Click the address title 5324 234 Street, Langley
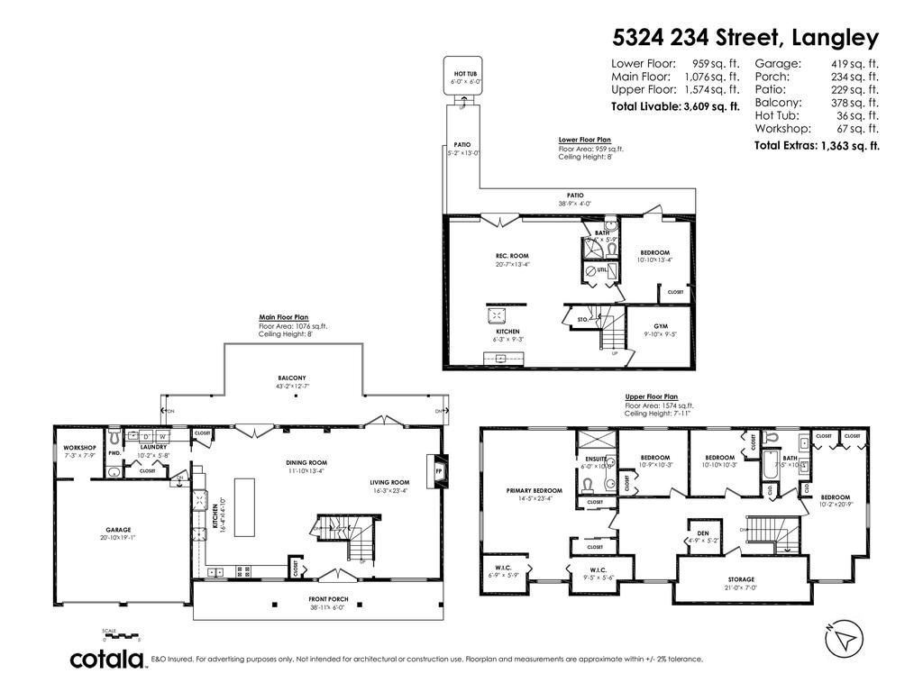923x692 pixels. point(745,37)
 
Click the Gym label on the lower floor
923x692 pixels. point(666,329)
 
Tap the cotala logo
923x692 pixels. point(108,659)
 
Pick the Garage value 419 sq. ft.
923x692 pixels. point(854,64)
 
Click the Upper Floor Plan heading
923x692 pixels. point(651,396)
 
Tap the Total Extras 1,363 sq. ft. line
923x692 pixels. point(817,145)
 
